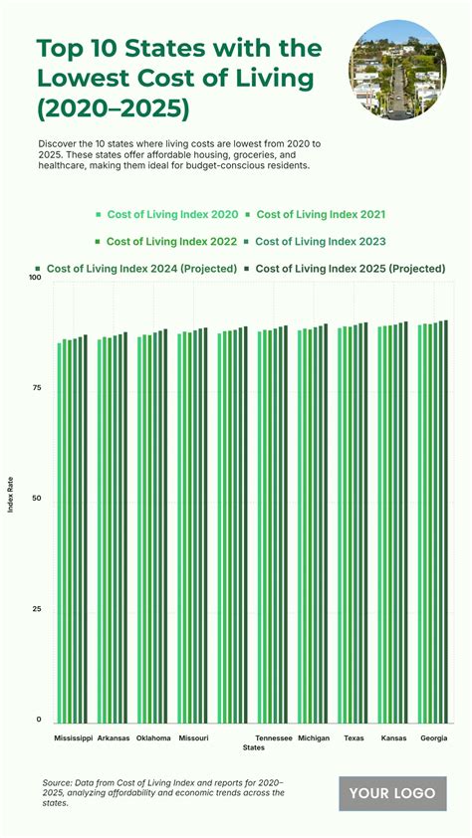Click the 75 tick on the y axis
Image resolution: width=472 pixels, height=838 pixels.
[x=37, y=388]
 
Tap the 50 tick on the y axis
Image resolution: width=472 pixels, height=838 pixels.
[x=37, y=499]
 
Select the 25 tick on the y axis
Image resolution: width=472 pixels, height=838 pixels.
[x=37, y=610]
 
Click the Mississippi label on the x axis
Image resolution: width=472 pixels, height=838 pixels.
[x=73, y=738]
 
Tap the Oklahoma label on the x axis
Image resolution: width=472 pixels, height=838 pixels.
[x=153, y=738]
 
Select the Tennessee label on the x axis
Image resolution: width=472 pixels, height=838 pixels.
[x=273, y=738]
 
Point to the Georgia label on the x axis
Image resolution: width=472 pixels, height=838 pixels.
[x=433, y=738]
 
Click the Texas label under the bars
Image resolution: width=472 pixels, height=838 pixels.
[x=354, y=738]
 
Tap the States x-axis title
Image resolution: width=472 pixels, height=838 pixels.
[x=254, y=747]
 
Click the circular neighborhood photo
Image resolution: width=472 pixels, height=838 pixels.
[x=396, y=71]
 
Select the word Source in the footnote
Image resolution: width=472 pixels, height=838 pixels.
[x=59, y=784]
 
